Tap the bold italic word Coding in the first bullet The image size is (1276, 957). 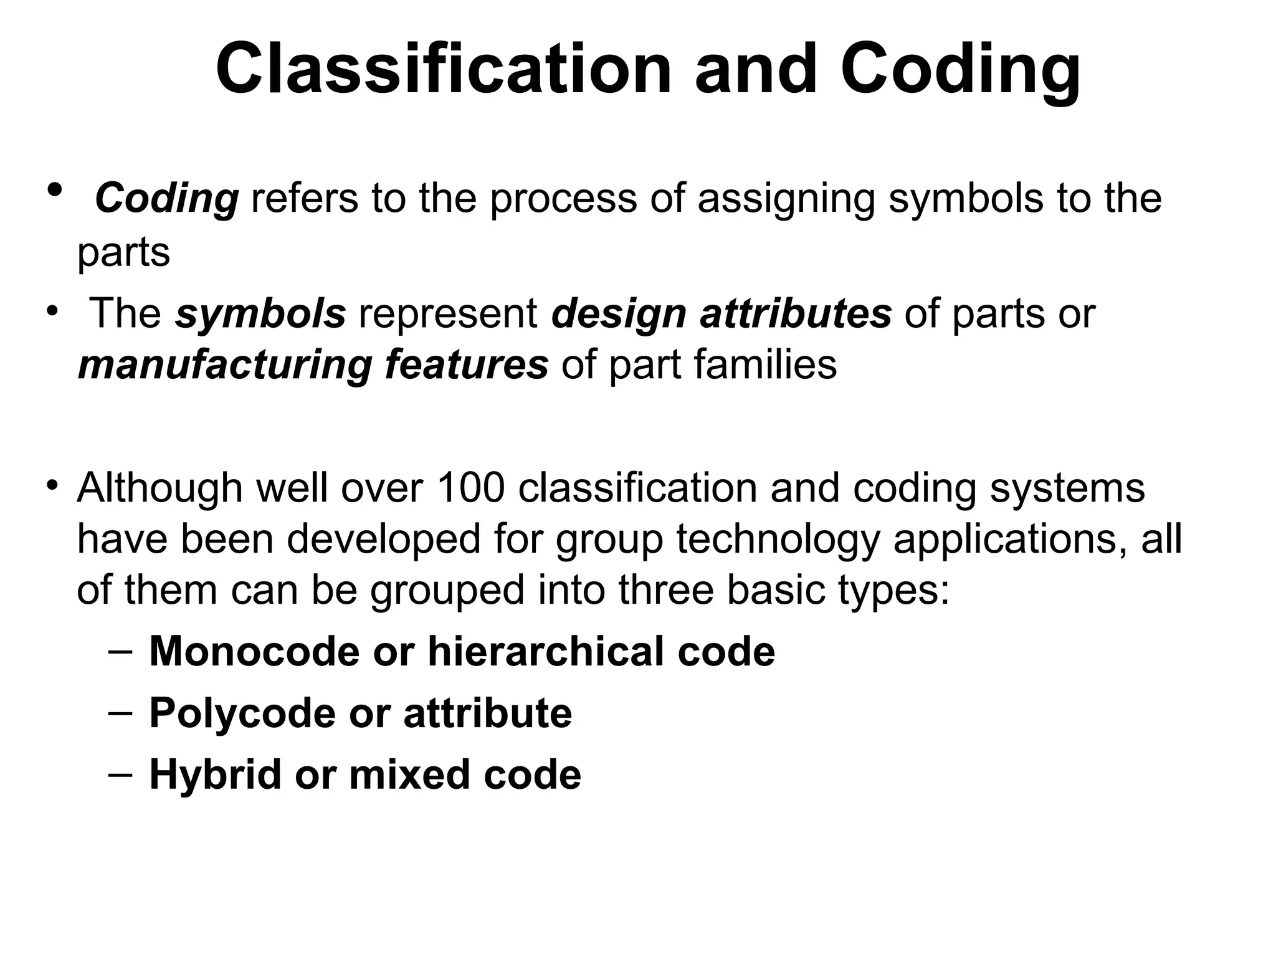tap(167, 198)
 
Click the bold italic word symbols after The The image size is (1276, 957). tap(260, 313)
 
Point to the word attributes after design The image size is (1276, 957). tap(796, 313)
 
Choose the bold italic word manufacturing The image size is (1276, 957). tap(225, 364)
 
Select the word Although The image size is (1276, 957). tap(159, 488)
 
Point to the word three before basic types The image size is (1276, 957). tap(665, 590)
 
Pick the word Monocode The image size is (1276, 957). tap(254, 652)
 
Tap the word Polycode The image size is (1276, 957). tap(242, 713)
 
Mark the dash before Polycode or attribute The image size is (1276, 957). tap(120, 713)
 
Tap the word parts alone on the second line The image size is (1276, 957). tap(123, 253)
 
